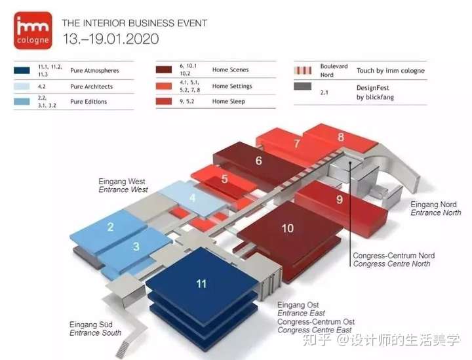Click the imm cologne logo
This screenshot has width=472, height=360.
pos(31,31)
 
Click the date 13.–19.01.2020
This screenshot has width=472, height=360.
pos(111,38)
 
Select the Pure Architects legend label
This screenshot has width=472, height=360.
pos(91,87)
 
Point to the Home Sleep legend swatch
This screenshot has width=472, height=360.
pos(164,100)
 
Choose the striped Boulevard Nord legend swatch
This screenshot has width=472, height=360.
pos(302,70)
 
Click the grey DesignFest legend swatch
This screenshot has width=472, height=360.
pos(302,86)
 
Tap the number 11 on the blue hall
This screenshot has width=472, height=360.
pos(201,283)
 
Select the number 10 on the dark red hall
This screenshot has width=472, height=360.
pos(288,228)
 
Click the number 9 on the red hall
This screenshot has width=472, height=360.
pos(340,199)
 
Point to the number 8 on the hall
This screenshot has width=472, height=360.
pos(340,137)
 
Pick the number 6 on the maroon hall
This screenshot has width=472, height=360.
pos(259,161)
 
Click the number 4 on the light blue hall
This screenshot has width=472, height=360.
pos(192,197)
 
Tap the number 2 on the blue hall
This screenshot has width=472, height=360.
pos(111,227)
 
